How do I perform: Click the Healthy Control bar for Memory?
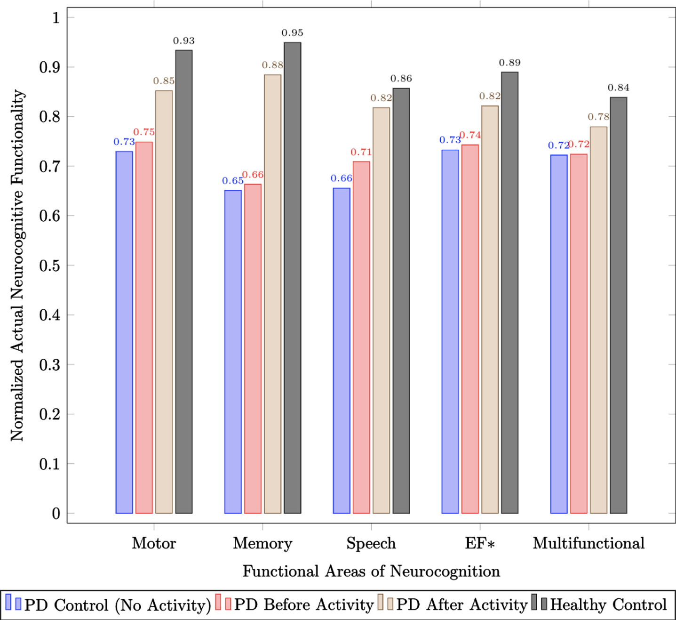click(x=293, y=278)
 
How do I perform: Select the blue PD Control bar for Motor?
click(x=124, y=332)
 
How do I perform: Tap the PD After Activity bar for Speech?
click(x=381, y=310)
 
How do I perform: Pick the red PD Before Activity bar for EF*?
click(x=470, y=329)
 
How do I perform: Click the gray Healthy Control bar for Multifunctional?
click(x=619, y=305)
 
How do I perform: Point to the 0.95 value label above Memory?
click(x=293, y=33)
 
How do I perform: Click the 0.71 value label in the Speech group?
click(x=361, y=153)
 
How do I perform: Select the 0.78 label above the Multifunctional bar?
click(x=599, y=117)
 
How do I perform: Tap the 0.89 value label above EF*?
click(x=510, y=63)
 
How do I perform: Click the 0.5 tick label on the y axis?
click(x=49, y=266)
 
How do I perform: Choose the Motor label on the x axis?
click(x=154, y=543)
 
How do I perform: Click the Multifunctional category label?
click(x=589, y=543)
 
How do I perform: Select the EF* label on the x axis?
click(x=480, y=543)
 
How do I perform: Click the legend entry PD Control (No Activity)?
click(x=109, y=605)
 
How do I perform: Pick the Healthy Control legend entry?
click(x=600, y=604)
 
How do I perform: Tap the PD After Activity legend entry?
click(x=453, y=605)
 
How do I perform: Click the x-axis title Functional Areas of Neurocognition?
click(x=371, y=572)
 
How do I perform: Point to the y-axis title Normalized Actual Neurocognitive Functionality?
click(x=17, y=266)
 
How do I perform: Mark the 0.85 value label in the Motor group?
click(x=164, y=81)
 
